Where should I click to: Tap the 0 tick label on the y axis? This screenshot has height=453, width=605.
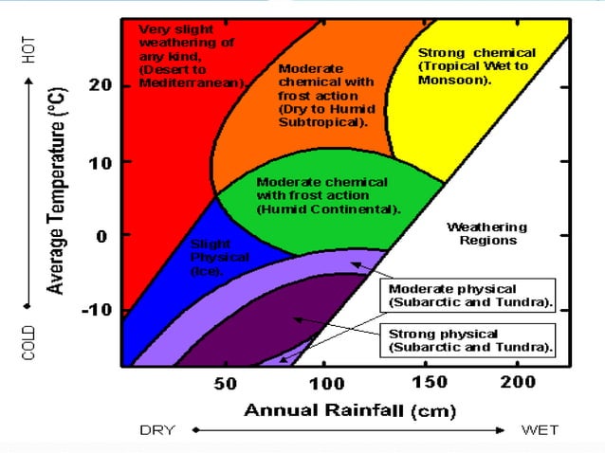(x=102, y=236)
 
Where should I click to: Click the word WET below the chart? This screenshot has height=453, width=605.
(x=541, y=430)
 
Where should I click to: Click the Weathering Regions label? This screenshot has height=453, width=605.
(x=486, y=234)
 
